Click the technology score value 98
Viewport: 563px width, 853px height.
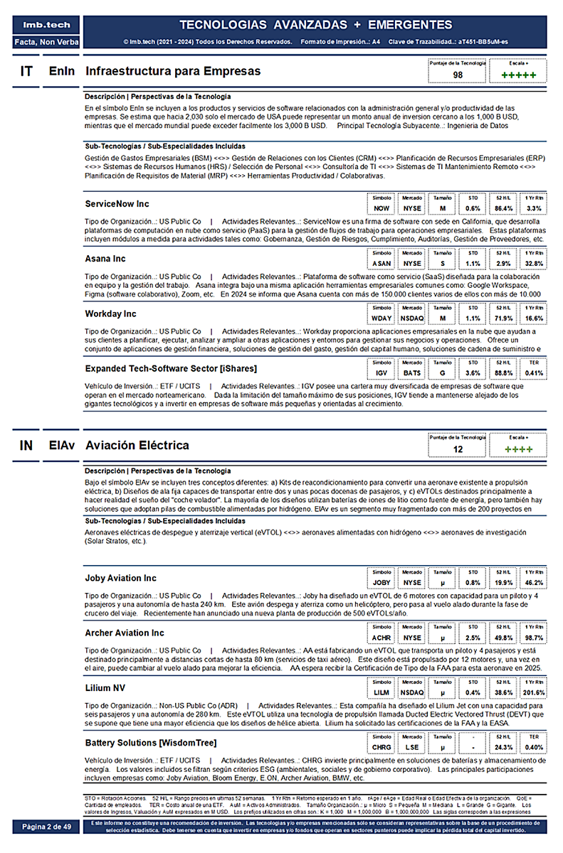click(x=458, y=75)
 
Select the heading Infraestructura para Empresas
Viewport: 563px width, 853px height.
click(x=173, y=71)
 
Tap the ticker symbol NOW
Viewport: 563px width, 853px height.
click(x=382, y=208)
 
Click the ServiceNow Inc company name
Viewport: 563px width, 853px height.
click(x=117, y=204)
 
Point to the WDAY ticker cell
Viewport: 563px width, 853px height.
click(x=382, y=318)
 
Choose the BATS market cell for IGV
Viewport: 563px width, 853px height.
click(x=412, y=373)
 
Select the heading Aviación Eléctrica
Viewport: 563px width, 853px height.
click(x=137, y=446)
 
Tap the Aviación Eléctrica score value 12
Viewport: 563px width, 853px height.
click(x=458, y=449)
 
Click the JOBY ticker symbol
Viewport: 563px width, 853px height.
click(x=382, y=583)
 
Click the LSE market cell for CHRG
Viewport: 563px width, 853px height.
click(x=412, y=748)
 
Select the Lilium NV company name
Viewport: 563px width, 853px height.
click(x=107, y=688)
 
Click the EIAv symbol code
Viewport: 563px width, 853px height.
click(x=60, y=446)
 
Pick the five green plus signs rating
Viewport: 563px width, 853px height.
click(x=518, y=75)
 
